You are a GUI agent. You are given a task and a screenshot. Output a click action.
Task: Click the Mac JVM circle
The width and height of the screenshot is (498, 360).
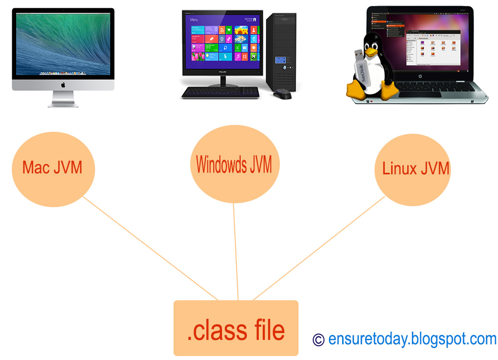[x=52, y=168]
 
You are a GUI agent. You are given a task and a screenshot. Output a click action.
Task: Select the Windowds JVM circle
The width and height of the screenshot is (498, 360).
[x=234, y=165]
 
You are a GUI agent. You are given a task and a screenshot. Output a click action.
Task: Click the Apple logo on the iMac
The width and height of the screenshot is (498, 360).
[x=63, y=85]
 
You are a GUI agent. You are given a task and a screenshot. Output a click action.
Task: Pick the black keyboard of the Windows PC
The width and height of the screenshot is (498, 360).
[x=220, y=92]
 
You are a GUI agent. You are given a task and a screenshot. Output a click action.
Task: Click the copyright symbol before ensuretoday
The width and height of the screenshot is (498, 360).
[x=319, y=339]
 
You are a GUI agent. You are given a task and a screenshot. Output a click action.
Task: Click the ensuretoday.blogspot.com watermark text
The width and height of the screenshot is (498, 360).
[x=412, y=338]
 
